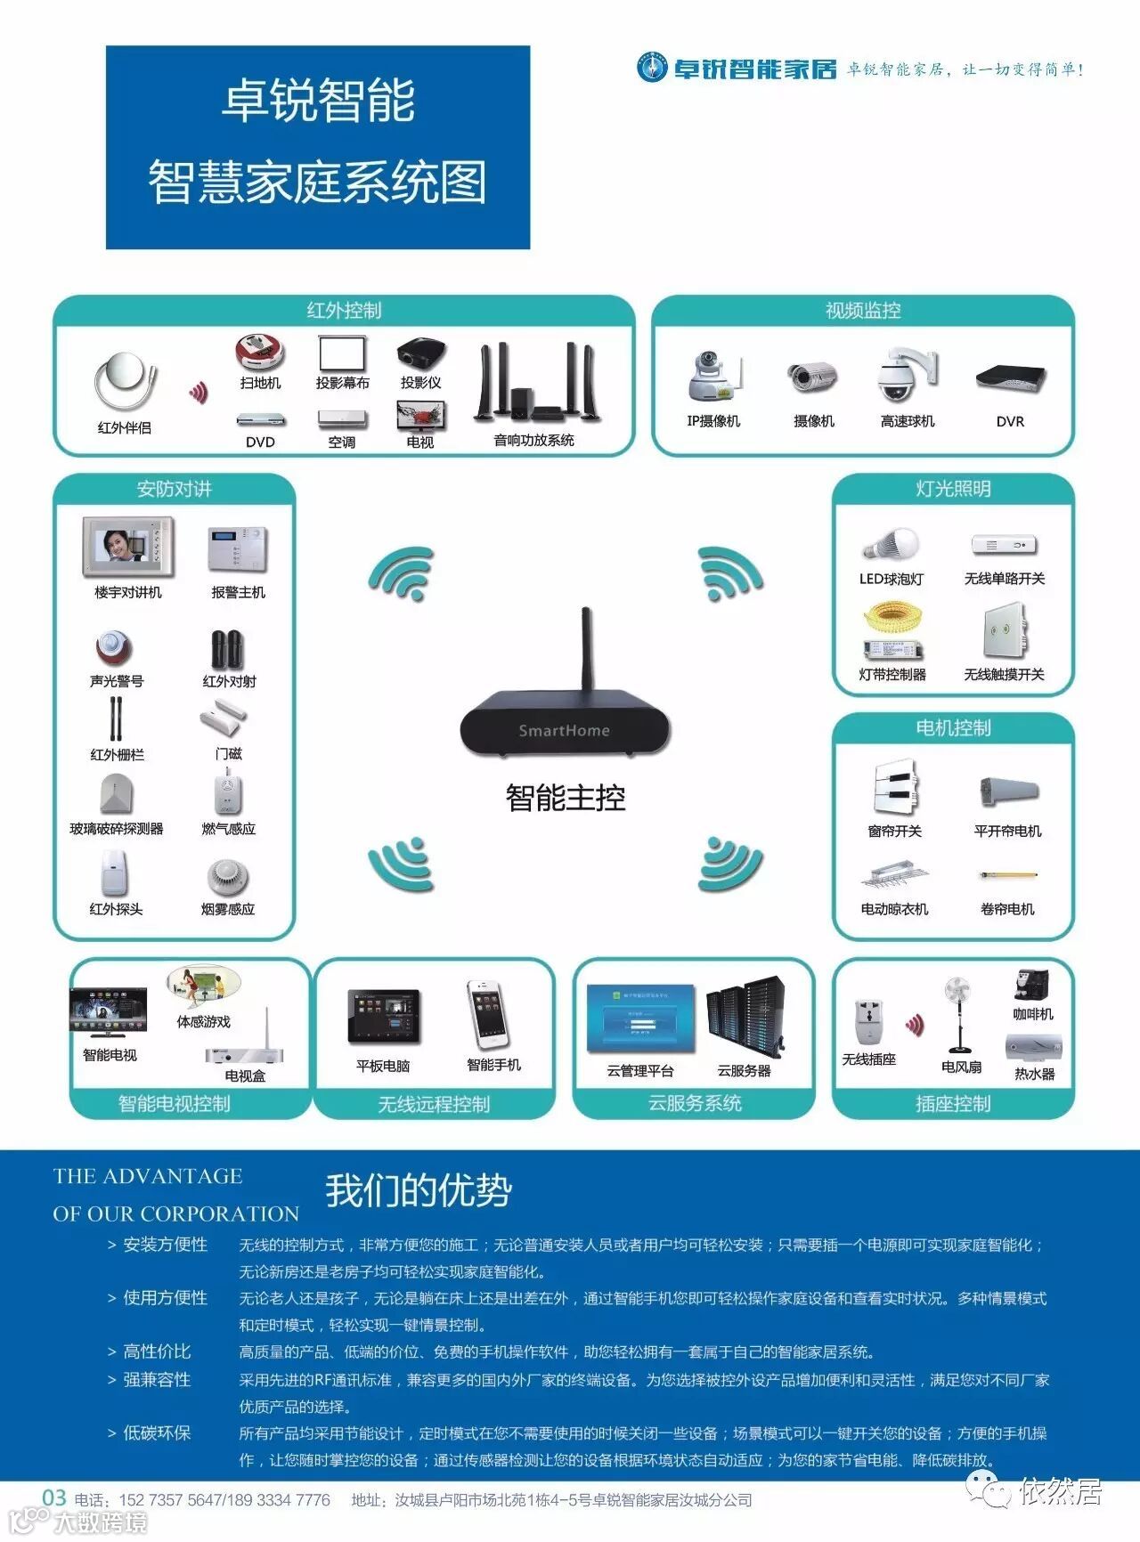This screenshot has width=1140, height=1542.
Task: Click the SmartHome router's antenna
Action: [587, 649]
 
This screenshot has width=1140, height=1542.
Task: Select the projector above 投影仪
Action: [420, 353]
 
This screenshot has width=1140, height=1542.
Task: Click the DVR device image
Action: [1010, 378]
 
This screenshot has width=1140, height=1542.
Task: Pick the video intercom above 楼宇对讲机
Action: [128, 547]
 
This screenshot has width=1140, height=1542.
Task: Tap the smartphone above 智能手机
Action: [490, 1015]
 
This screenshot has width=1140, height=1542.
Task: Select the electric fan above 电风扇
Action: [959, 1015]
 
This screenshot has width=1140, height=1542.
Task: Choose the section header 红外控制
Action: [344, 310]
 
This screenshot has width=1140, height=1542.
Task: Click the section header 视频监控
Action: [863, 310]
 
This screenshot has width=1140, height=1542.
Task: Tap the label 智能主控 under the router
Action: [566, 797]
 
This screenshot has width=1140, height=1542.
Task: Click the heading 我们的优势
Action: [419, 1191]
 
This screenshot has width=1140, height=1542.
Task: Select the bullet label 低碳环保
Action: [157, 1432]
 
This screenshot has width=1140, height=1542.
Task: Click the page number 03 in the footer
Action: [54, 1497]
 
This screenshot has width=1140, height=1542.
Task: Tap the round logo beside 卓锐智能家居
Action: [652, 68]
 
